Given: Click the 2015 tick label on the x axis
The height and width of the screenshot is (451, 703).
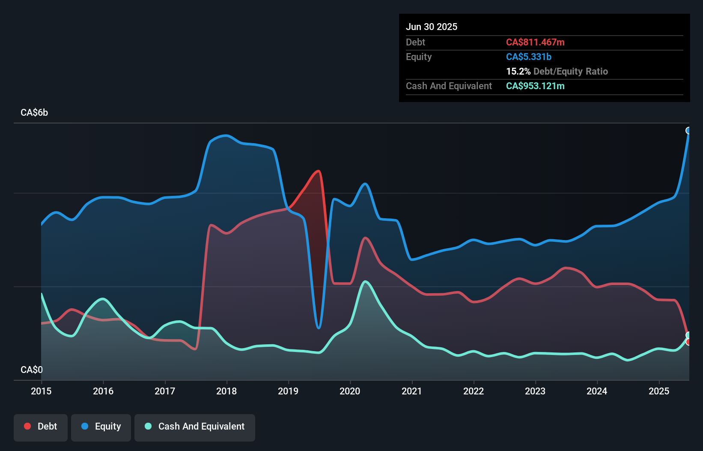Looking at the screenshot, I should (x=41, y=391).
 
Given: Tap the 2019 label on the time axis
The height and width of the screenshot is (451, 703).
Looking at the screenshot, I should (x=288, y=391).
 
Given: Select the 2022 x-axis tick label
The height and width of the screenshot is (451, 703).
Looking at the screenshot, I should (x=474, y=391).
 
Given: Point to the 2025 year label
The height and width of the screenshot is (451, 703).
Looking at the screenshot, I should (x=659, y=391).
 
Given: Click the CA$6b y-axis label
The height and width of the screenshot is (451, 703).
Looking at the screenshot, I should (x=34, y=113).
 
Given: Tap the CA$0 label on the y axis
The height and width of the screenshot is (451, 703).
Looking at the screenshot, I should (x=32, y=370).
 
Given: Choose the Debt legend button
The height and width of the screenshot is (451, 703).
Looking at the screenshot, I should (x=41, y=427).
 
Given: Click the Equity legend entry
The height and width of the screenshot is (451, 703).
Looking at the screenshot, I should (x=101, y=427).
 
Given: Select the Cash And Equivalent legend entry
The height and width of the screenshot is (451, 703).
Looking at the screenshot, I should (x=195, y=427).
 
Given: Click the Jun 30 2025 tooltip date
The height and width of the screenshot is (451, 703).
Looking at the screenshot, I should (x=432, y=27).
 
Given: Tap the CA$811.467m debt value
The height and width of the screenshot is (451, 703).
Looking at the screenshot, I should (x=535, y=42).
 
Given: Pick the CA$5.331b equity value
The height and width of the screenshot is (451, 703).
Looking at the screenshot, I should (x=529, y=57).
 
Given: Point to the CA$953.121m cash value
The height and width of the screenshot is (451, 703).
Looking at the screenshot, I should (x=535, y=86).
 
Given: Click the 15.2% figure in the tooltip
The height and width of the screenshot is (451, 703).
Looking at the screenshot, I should (x=518, y=71).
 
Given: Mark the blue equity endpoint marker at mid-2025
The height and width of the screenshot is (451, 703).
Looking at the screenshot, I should (x=688, y=130).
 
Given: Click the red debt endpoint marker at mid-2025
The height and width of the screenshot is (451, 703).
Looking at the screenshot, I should (x=688, y=342).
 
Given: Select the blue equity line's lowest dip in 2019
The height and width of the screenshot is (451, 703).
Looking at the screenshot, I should (x=319, y=328).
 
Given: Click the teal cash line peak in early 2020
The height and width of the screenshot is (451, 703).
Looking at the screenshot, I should (x=365, y=282).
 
